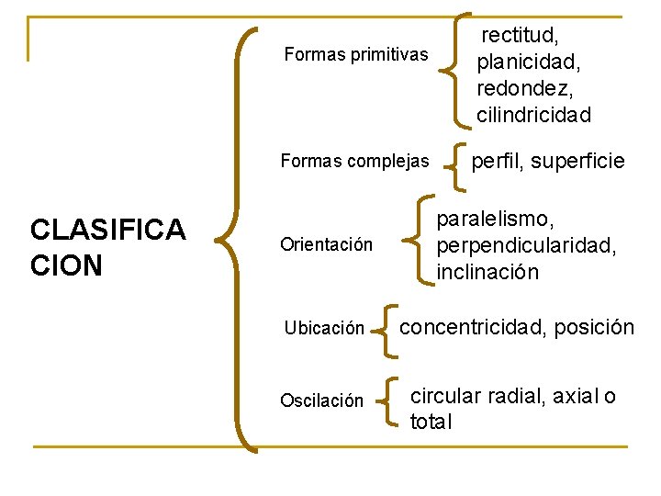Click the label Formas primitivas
356,54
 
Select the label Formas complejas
354,162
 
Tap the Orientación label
327,245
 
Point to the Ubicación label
324,329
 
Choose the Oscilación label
321,401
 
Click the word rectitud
521,36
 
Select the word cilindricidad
533,115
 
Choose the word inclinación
487,273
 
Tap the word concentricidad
476,327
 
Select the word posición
596,327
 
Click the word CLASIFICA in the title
108,230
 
